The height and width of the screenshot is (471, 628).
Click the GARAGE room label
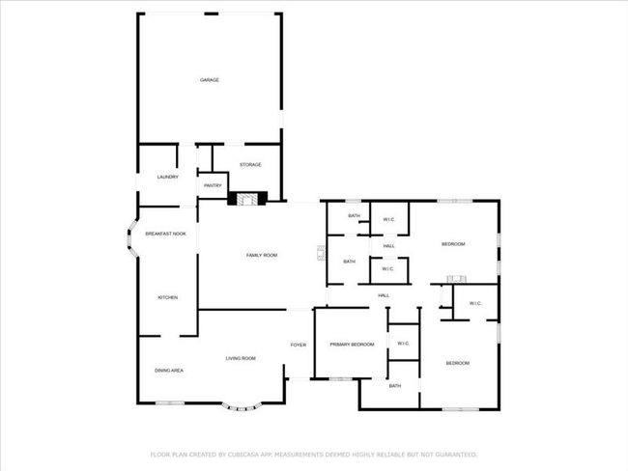coord(210,80)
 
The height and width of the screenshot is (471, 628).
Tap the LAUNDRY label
coord(168,177)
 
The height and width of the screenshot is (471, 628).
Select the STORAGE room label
coord(250,164)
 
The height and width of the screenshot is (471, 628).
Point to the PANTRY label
coord(213,185)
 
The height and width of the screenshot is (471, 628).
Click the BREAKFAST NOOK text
coord(166,234)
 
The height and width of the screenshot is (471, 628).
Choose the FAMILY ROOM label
coord(262,256)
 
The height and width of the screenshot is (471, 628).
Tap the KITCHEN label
coord(168,297)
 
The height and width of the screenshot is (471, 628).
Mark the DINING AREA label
coord(169,371)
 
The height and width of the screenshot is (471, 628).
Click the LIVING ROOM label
coord(241,358)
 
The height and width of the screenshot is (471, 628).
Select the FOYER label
coord(299,345)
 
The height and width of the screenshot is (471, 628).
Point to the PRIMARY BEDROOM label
coord(352,345)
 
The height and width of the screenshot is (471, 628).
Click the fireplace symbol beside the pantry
coord(247,199)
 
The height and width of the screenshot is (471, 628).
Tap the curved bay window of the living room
coord(242,407)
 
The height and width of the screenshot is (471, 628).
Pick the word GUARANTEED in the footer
coord(456,455)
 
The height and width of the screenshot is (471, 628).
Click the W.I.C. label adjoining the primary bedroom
coord(403,344)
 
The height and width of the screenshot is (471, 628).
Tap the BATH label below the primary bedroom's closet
coord(395,386)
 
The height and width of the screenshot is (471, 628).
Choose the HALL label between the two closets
coord(389,246)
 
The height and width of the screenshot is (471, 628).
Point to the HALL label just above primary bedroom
coord(384,295)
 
